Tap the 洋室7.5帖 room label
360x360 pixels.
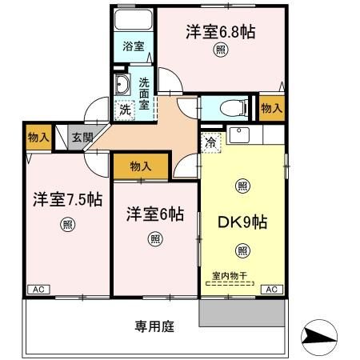[67, 200]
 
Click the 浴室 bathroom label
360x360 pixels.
[134, 46]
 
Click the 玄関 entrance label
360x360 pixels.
[82, 137]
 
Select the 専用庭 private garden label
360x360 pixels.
[154, 326]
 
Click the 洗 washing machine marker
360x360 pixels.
[125, 110]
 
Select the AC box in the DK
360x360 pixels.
[270, 289]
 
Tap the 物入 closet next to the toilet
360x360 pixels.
[271, 107]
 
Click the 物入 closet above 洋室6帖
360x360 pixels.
[140, 166]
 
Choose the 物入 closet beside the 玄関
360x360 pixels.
[38, 137]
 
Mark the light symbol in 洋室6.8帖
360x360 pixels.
[220, 50]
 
